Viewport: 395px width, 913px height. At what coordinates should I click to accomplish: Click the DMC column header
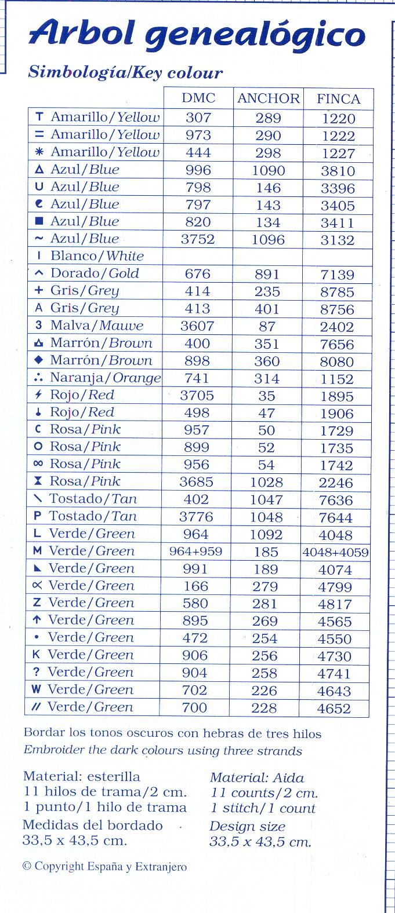198,98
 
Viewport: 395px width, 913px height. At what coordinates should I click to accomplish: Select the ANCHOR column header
268,98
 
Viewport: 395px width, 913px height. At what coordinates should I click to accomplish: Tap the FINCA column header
338,98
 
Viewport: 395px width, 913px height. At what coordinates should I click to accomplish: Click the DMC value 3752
198,239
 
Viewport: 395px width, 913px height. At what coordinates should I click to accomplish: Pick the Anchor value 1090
268,170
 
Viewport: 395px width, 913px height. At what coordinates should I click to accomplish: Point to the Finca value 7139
337,275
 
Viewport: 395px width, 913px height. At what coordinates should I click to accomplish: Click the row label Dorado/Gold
95,273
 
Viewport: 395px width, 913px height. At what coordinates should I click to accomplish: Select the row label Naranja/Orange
105,378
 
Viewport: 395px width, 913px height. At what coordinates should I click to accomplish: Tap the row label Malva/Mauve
96,326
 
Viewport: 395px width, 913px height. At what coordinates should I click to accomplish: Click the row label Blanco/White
97,256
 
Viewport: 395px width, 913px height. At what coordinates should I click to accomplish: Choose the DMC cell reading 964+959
195,552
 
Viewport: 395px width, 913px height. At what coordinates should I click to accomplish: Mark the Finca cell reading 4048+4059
335,552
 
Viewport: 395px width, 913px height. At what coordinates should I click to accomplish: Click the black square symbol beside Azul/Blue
39,222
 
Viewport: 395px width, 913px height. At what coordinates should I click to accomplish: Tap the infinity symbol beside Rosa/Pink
38,465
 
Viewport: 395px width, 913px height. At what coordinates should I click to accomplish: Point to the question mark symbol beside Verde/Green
37,673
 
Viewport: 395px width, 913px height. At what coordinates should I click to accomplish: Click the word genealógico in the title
255,36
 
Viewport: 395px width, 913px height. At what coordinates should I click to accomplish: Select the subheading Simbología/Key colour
125,73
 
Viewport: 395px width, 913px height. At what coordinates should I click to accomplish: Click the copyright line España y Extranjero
104,867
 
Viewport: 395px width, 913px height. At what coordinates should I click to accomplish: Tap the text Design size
247,826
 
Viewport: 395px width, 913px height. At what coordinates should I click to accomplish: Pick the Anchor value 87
267,326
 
